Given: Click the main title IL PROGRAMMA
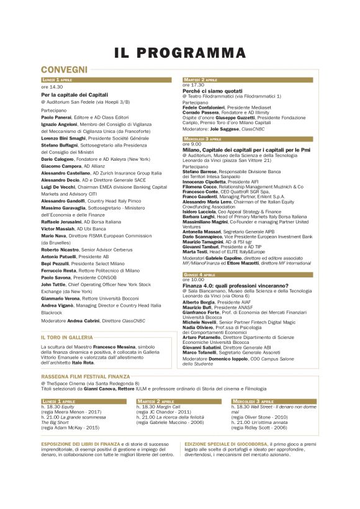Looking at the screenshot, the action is point(179,54).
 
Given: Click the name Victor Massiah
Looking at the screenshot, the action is point(58,229).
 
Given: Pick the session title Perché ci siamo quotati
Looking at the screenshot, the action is point(212,91).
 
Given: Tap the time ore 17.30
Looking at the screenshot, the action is point(193,85).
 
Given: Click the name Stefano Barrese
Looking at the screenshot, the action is point(200,170).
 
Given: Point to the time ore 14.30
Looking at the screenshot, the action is point(52,87).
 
